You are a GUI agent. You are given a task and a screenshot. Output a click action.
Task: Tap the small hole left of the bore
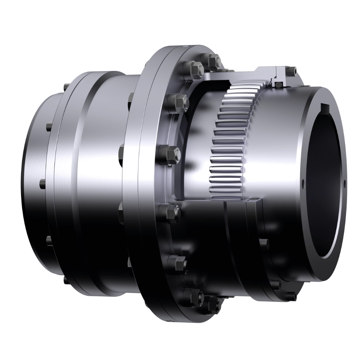tap(303, 183)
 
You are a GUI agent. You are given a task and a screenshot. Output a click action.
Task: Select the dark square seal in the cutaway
tap(278, 85)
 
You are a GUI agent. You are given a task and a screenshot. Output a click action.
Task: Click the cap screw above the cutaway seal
tap(291, 70)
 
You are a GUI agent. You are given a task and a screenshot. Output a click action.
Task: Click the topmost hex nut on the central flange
tap(213, 60)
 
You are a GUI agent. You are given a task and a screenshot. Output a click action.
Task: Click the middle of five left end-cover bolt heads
tap(41, 184)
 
